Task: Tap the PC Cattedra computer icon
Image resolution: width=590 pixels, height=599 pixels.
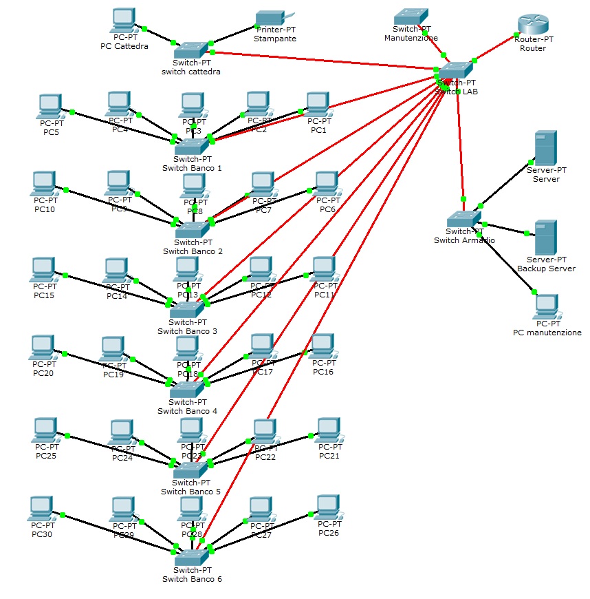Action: (124, 20)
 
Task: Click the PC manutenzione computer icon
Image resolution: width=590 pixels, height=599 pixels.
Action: (547, 306)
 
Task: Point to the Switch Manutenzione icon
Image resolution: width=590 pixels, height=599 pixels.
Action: (411, 15)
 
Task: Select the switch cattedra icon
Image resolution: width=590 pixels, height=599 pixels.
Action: (190, 49)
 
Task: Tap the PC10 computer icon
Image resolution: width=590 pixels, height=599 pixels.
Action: (43, 183)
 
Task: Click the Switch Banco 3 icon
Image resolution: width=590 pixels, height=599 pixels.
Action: (187, 310)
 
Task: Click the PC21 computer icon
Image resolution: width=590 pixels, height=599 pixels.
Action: (329, 430)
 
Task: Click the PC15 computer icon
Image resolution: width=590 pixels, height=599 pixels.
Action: (44, 269)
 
